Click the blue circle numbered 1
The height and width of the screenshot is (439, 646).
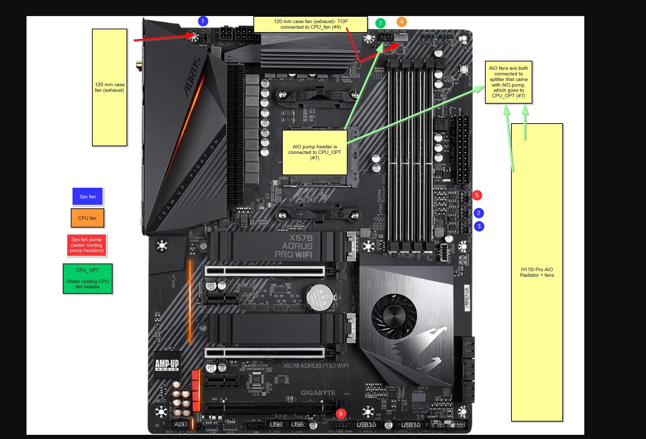tap(203, 21)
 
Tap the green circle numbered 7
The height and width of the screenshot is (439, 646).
tap(380, 23)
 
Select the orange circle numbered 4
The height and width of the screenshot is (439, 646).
tap(401, 22)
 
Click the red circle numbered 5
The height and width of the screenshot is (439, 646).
tap(477, 195)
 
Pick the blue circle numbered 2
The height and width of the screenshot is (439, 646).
tap(479, 213)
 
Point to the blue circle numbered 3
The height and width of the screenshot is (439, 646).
tap(479, 226)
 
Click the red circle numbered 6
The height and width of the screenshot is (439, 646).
tap(341, 414)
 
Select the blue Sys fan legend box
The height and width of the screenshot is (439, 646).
tap(88, 196)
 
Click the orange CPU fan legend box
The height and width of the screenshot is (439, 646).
tap(87, 218)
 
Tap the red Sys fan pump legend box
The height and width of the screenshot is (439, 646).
tap(86, 245)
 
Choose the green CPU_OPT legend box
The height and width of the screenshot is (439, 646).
tap(88, 278)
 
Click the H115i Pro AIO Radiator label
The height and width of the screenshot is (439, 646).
tap(537, 272)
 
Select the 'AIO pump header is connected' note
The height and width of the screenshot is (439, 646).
tap(314, 152)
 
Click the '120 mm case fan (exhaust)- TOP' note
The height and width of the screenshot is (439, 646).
tap(310, 24)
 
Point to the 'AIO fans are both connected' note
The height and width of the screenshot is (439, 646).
tap(508, 82)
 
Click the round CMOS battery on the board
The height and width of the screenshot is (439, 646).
tap(320, 297)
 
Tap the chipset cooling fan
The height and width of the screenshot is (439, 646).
tap(394, 316)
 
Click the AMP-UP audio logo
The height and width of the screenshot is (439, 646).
tap(167, 365)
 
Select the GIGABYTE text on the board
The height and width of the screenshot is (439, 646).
tap(318, 393)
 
